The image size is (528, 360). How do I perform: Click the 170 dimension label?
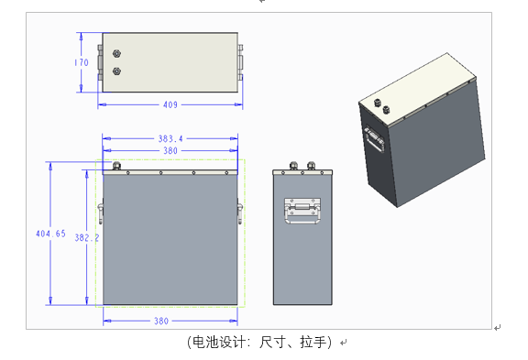pos(82,62)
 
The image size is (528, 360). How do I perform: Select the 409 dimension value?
pos(170,105)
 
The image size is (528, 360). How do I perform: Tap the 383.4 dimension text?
pos(170,138)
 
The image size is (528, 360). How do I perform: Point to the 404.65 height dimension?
pos(50,234)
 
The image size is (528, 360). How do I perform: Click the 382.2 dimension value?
pos(87,238)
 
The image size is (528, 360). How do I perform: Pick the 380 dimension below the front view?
pos(161,321)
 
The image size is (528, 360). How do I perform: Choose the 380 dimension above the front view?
pos(170,151)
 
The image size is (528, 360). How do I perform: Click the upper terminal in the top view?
pos(116,53)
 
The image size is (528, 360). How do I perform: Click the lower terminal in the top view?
pos(116,71)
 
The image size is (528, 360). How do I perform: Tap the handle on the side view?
pos(302,211)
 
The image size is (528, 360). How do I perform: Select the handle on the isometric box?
pos(374,138)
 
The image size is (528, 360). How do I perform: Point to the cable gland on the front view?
pos(116,166)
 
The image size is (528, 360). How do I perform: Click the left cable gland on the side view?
pos(293,166)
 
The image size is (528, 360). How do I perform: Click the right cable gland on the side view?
pos(311,166)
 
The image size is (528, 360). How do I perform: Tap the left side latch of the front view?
pos(100,212)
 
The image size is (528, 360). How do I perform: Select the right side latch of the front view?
pos(240,212)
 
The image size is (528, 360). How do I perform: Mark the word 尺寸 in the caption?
pos(272,343)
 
